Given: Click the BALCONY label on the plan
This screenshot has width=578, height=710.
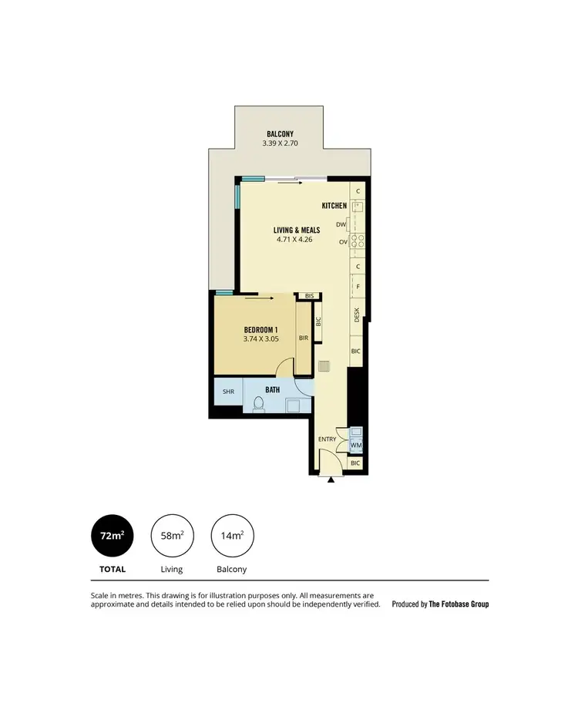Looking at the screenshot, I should (x=280, y=133).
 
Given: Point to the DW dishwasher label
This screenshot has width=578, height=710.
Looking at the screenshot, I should (x=341, y=224).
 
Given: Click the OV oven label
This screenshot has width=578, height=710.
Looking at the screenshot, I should (x=342, y=242).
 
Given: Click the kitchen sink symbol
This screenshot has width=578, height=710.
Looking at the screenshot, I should (x=356, y=207).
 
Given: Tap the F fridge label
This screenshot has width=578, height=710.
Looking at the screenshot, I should (x=357, y=287).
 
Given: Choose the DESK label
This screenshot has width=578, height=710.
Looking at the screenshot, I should (x=357, y=315).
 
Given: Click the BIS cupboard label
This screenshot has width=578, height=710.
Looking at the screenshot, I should (x=309, y=296).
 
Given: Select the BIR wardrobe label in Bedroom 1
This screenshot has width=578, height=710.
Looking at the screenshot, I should (x=304, y=336).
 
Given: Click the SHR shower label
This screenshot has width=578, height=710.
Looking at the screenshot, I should (x=228, y=391).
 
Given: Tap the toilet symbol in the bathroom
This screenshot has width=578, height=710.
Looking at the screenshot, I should (x=258, y=402).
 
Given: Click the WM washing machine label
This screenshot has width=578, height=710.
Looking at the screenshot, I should (x=356, y=446).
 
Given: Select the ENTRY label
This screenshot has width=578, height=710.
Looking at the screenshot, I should (x=328, y=439).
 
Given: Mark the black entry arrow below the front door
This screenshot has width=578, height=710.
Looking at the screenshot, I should (x=331, y=480).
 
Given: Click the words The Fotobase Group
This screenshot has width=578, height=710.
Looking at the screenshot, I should (x=459, y=604).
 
